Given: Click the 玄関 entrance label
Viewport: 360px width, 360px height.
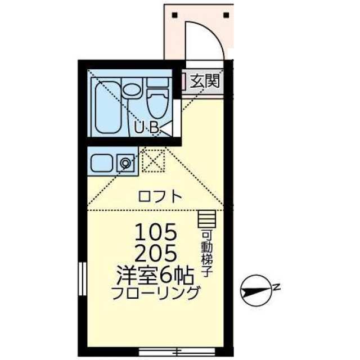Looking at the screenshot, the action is pos(205,81).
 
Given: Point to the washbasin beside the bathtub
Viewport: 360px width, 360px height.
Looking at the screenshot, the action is pos(132,90).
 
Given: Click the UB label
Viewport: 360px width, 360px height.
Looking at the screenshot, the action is pos(147,128).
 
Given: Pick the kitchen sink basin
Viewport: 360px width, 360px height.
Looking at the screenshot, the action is pos(101,163).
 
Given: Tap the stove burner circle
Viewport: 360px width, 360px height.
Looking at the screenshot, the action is pos(125,163).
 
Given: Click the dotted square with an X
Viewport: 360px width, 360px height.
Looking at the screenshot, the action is pos(154,161).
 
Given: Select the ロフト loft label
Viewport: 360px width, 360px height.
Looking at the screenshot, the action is pos(160,196).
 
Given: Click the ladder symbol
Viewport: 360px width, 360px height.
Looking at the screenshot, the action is pos(206,219).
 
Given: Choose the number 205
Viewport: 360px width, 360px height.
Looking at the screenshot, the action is pos(156,253).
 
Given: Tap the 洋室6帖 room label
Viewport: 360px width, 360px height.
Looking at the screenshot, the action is pos(155,276).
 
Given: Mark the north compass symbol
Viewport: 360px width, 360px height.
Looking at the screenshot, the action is pos(256,290).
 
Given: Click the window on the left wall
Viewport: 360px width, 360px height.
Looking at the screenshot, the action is pos(82,279).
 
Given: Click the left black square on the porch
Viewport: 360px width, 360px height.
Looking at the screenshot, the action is pos(175,15).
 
